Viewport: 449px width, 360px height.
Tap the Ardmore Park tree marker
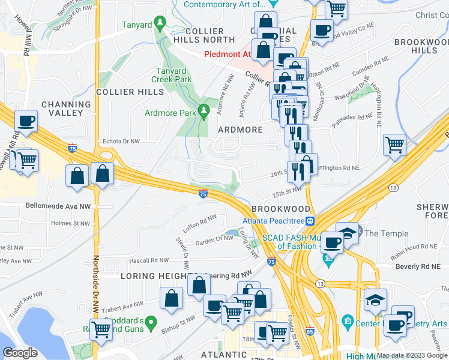click(204, 109)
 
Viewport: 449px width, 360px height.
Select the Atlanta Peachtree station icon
click(310, 220)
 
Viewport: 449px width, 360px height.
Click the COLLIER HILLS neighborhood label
click(130, 92)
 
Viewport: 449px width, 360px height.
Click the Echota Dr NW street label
click(121, 142)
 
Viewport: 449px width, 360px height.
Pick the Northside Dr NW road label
click(95, 282)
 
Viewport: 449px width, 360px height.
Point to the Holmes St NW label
click(70, 224)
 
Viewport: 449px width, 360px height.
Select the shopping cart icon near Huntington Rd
click(394, 145)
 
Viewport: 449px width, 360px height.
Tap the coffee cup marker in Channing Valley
click(26, 121)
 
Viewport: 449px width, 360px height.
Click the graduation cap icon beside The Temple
click(348, 232)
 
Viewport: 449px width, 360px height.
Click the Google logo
click(20, 353)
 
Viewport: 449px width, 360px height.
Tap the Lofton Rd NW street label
click(200, 224)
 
